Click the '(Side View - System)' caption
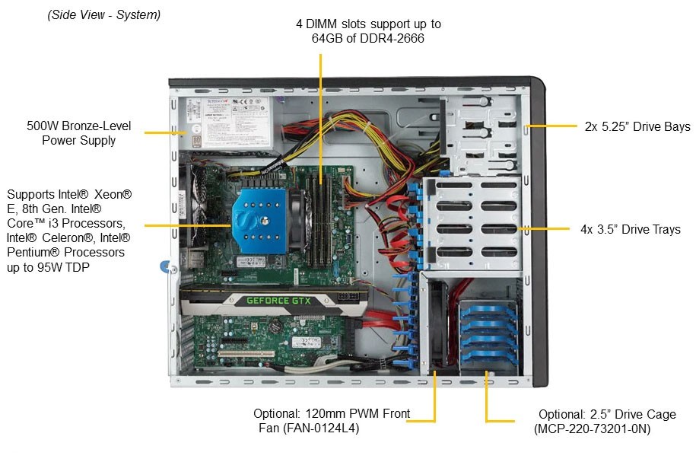[104, 15]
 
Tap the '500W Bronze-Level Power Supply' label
[79, 133]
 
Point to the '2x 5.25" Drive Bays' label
[637, 126]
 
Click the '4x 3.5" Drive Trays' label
[631, 229]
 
